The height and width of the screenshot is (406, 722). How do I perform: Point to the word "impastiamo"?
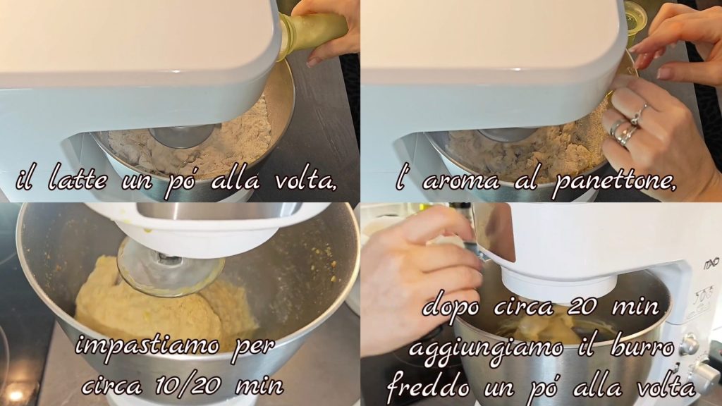point(147,346)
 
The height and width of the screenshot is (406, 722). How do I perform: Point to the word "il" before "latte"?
point(27,180)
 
